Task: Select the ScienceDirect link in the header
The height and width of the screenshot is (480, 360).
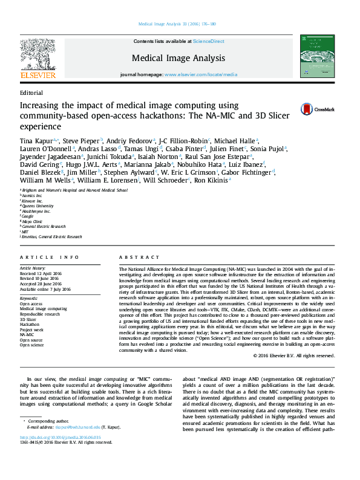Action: (x=208, y=41)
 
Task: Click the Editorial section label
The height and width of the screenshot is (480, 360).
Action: (x=31, y=93)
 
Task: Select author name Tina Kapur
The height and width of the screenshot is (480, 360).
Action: (x=34, y=140)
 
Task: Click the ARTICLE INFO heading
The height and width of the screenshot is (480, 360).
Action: (x=49, y=257)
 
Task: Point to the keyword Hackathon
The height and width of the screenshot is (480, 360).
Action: (x=30, y=324)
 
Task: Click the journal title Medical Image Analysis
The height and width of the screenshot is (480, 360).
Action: (x=178, y=58)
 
